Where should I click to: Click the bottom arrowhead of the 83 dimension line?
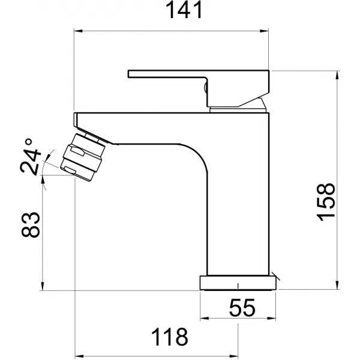tap(43, 287)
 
